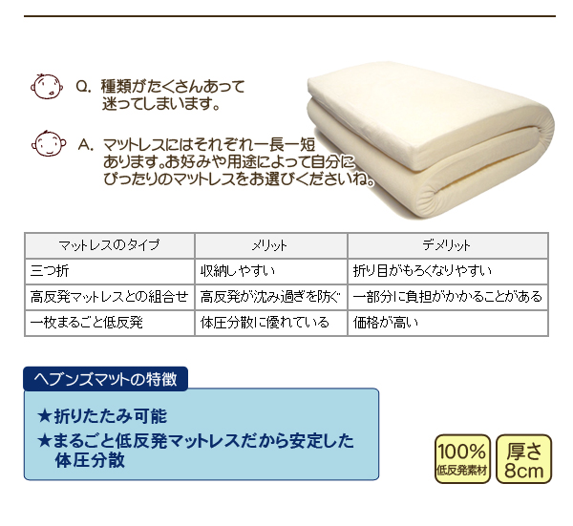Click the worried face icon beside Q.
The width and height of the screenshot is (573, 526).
[x=47, y=86]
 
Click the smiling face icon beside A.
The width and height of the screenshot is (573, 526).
[x=49, y=143]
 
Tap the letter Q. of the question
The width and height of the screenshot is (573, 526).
[x=83, y=87]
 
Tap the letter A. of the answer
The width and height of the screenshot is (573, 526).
[x=86, y=145]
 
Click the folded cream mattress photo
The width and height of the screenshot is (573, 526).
[x=432, y=140]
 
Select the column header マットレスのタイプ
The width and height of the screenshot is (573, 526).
[x=109, y=245]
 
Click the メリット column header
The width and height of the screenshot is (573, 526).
[x=271, y=245]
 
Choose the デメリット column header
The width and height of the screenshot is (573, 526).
[x=448, y=245]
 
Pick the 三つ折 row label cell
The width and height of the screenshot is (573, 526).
[x=109, y=271]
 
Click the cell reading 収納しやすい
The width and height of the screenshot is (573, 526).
[x=271, y=271]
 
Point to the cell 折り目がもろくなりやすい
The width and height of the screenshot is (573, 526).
[x=448, y=271]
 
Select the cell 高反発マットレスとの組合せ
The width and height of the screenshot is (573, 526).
[x=109, y=297]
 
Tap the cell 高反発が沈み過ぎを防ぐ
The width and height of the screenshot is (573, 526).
[x=271, y=297]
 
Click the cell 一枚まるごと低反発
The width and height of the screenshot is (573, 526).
[x=109, y=323]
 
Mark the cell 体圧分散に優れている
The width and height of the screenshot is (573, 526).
[x=271, y=323]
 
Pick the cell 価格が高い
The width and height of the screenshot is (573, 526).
[x=448, y=323]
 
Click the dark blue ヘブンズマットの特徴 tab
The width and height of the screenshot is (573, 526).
[x=106, y=379]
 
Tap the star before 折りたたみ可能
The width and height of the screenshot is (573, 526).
[x=45, y=416]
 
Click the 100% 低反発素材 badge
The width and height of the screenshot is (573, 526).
[x=462, y=459]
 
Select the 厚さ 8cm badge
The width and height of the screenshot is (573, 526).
[x=523, y=459]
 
